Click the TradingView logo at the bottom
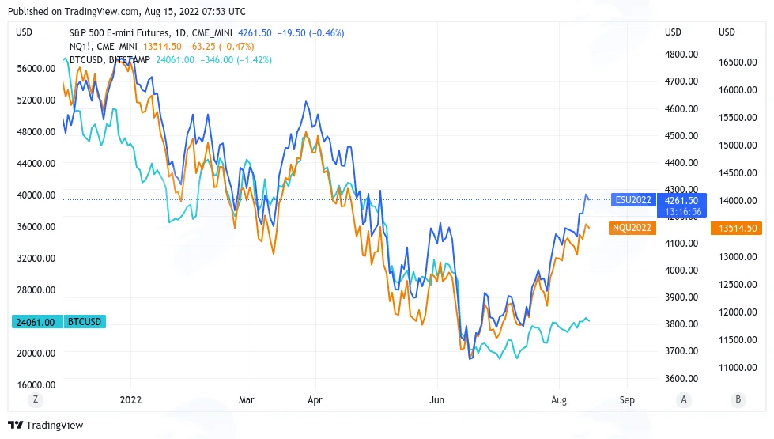pos(45,426)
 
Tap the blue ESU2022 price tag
pos(633,200)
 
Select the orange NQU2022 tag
pos(632,228)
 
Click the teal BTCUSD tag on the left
pos(85,322)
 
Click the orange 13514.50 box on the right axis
pos(738,228)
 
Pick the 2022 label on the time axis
pos(130,400)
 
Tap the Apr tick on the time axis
pos(315,400)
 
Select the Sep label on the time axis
pos(627,400)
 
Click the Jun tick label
pos(437,400)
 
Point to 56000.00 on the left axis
pos(36,69)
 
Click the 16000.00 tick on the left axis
pos(36,384)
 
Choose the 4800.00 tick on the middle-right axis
pos(681,55)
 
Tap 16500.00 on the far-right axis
pos(738,62)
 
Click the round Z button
pos(35,399)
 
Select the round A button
pos(684,399)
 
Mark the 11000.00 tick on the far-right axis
pos(738,367)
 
